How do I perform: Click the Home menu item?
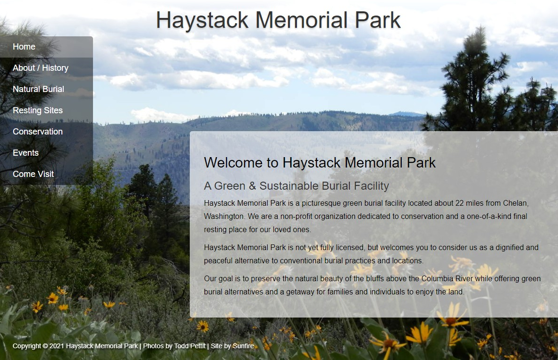[x=24, y=47]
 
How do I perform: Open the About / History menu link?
[x=41, y=68]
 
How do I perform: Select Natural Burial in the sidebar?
[x=38, y=89]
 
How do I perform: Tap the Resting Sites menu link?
[x=38, y=110]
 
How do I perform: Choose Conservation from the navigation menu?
[x=38, y=132]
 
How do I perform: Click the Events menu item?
[x=26, y=153]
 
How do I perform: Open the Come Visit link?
[x=34, y=174]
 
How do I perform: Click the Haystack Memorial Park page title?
[x=278, y=20]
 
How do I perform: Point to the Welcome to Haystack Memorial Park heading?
[x=320, y=163]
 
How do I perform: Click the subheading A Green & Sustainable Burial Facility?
[x=296, y=186]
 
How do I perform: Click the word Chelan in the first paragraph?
[x=514, y=203]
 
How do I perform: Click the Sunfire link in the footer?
[x=243, y=346]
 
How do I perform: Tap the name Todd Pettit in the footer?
[x=190, y=346]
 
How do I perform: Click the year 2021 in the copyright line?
[x=56, y=346]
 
